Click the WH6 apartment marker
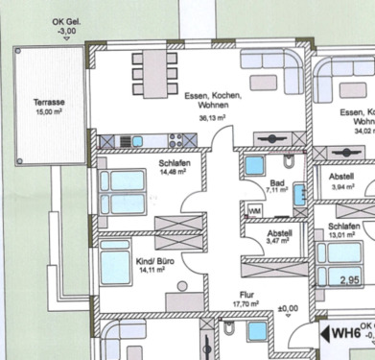(x=347, y=334)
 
